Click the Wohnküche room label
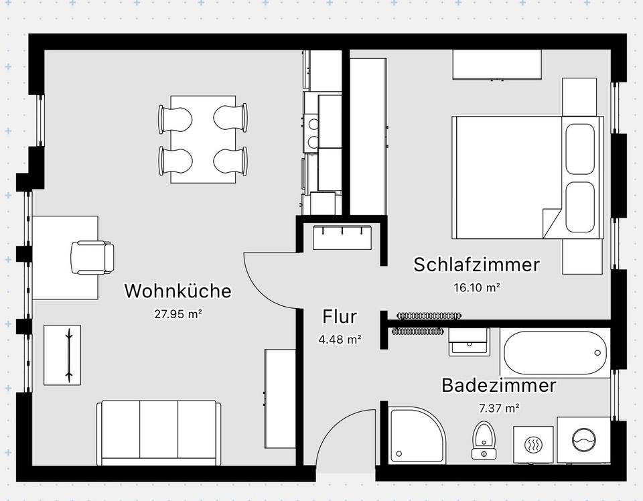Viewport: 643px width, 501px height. tap(177, 291)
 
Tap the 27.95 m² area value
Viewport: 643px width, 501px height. tap(177, 313)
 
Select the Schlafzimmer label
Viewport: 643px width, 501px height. tap(476, 265)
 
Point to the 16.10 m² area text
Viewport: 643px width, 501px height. tap(476, 288)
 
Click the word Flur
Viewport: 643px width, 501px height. tap(340, 316)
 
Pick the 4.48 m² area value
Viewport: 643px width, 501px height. tap(340, 339)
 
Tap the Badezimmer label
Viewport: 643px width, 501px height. tap(498, 386)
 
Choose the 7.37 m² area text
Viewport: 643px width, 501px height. tap(498, 408)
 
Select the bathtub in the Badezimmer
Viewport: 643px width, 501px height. tap(555, 353)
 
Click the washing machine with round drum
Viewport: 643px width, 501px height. tap(583, 440)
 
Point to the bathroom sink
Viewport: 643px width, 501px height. tap(468, 344)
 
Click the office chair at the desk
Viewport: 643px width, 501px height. tap(92, 257)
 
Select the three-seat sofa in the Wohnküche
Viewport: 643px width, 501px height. tap(159, 433)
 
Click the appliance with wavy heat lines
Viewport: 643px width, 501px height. tap(534, 443)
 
